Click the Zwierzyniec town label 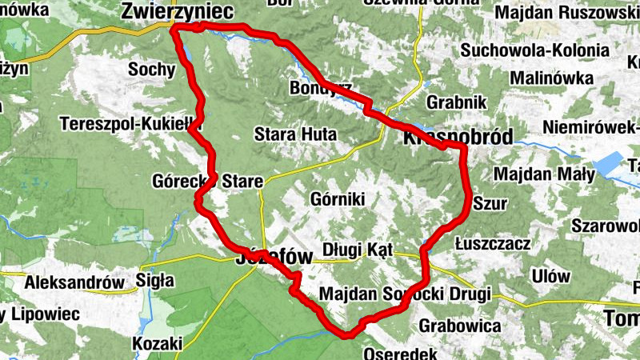coord(177,10)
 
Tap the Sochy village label coord(151,69)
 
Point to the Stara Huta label coord(295,134)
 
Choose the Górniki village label coord(336,198)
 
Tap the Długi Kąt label coord(357,250)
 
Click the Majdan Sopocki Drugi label coord(404,294)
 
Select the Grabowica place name coord(459,326)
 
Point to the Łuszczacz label coord(491,243)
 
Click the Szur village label coord(490,203)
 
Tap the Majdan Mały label coord(544,174)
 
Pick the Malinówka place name coord(552,78)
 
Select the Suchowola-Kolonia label coord(534,50)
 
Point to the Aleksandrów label coord(75,282)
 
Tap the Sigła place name coord(155,280)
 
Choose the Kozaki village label coord(155,343)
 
